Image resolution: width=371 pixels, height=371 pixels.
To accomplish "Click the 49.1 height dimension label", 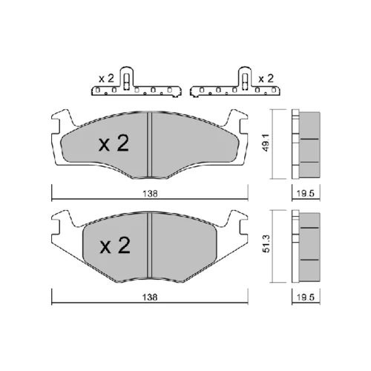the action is [266, 143].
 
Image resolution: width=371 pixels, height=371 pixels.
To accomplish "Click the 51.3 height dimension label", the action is [266, 243].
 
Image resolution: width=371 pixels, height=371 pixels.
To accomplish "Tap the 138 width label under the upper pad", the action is [150, 194].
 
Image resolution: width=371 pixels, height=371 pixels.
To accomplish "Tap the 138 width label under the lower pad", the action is [150, 297].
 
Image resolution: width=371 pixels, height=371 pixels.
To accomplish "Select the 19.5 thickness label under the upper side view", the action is [306, 194].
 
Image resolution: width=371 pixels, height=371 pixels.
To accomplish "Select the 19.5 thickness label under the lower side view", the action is [306, 297].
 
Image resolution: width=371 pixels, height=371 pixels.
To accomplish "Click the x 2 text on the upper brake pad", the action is [114, 143].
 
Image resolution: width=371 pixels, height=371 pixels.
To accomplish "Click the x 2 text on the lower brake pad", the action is [115, 246].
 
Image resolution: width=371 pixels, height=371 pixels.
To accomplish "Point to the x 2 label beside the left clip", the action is [106, 79].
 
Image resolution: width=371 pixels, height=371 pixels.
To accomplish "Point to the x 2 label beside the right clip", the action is [266, 79].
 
